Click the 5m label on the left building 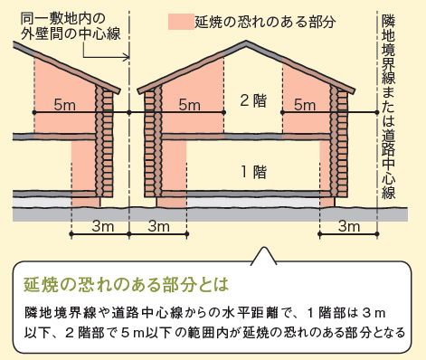pyautogui.click(x=64, y=104)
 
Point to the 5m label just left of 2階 pyautogui.click(x=189, y=104)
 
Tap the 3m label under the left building pyautogui.click(x=102, y=224)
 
